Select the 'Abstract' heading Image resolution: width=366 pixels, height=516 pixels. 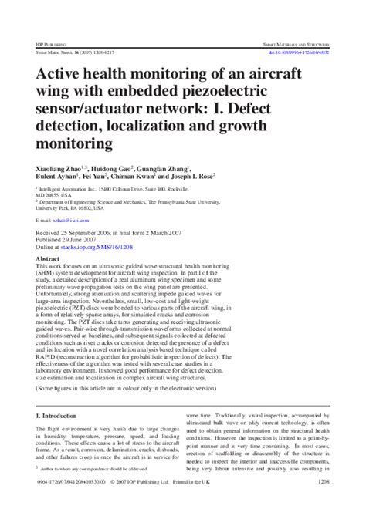[x=49, y=259]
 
